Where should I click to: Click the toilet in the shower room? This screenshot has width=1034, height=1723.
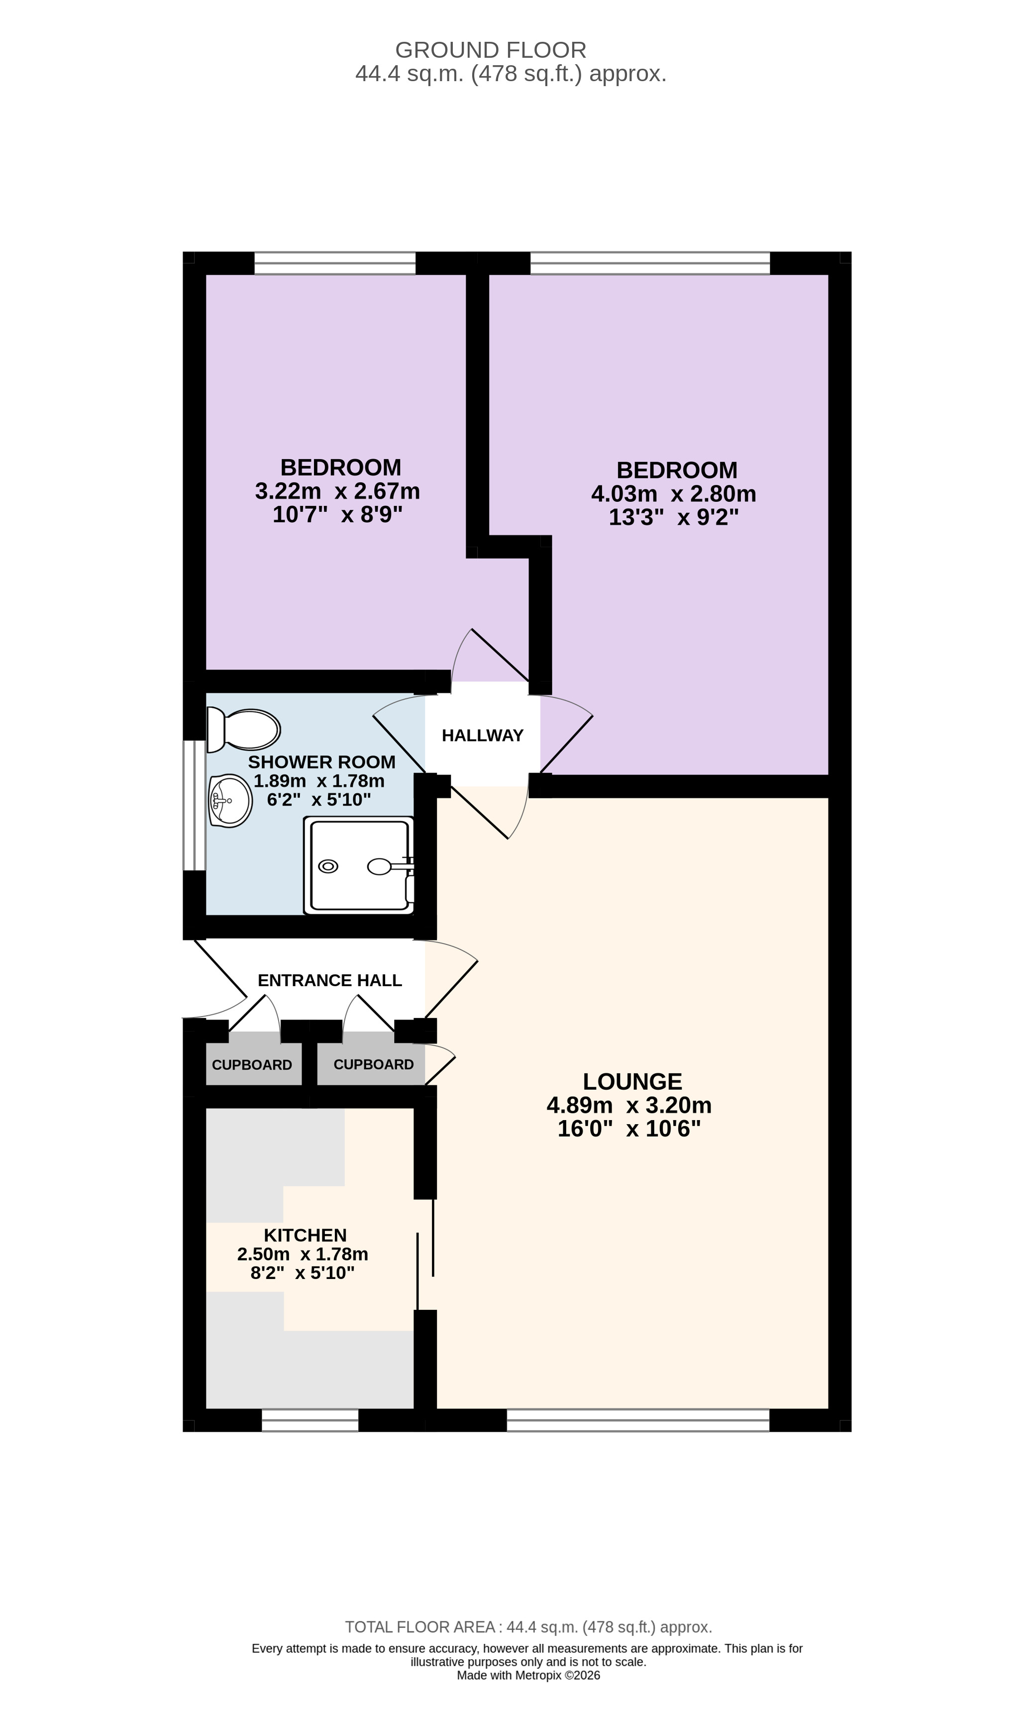(243, 729)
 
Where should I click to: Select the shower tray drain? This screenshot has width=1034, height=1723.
(327, 866)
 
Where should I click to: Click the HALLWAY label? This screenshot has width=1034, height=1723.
(482, 735)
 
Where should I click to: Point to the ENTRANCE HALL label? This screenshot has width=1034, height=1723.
(329, 980)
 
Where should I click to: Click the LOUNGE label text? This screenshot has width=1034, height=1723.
(632, 1081)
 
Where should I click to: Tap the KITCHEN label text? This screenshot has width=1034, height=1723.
(305, 1235)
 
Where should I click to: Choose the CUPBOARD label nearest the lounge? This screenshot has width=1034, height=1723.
(374, 1064)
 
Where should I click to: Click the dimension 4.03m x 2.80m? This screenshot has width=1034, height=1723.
(674, 493)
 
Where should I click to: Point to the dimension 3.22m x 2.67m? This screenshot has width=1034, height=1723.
(337, 491)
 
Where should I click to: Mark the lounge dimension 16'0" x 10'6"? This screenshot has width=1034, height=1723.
(629, 1129)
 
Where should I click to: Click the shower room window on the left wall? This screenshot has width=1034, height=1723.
(195, 805)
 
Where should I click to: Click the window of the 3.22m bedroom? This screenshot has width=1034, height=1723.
(335, 263)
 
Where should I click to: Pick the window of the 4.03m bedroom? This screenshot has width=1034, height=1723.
(650, 263)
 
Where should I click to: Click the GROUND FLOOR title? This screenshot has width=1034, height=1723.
(491, 50)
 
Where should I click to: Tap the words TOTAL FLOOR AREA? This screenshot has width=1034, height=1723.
(420, 1627)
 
